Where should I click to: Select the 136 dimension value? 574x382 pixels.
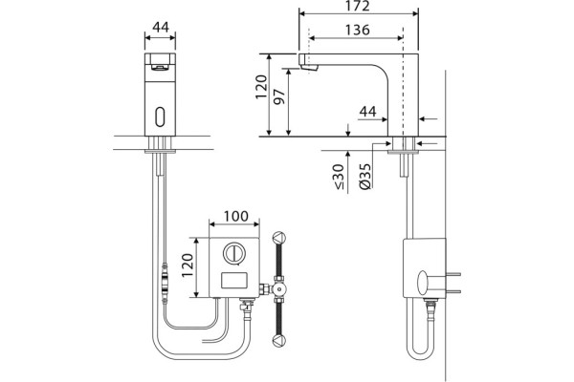click(357, 30)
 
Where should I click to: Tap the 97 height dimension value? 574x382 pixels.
click(279, 96)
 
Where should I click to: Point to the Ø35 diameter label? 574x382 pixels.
click(365, 176)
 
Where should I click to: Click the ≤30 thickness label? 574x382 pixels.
click(338, 177)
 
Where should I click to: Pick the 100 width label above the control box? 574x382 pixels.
click(235, 216)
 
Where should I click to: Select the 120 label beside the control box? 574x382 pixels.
click(188, 265)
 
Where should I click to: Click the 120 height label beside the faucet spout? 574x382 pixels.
click(261, 87)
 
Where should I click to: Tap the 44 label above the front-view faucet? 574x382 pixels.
click(161, 27)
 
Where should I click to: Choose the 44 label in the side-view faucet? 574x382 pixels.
click(367, 112)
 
